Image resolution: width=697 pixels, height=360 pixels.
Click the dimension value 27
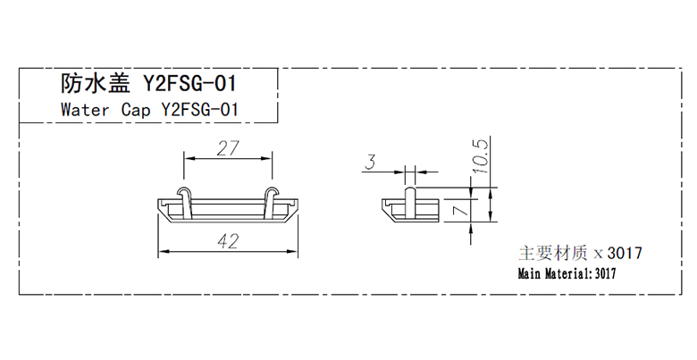(228, 148)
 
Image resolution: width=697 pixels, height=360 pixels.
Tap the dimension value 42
(229, 241)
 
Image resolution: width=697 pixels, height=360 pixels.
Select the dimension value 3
(370, 163)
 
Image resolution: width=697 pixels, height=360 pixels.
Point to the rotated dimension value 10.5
(481, 155)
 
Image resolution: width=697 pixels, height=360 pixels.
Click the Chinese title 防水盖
(96, 83)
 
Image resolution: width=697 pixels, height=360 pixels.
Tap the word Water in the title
(85, 109)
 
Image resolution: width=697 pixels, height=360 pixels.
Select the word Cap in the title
(136, 110)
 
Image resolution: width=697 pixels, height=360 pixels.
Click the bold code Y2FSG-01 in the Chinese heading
(189, 83)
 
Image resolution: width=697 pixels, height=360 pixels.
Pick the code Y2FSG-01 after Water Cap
(199, 109)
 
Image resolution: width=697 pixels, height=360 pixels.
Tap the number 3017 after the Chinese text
(625, 254)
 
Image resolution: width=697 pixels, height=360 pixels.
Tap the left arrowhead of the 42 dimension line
(164, 252)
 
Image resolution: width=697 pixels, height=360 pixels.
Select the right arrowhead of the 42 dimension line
(292, 252)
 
